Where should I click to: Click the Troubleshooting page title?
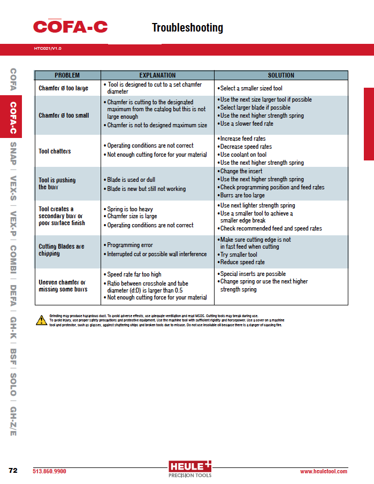coord(187,28)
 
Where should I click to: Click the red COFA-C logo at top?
coord(71,26)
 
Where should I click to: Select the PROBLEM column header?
coord(67,75)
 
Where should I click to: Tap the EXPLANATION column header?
coord(157,75)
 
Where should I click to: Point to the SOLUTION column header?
coord(281,75)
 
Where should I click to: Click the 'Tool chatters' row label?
coord(55,151)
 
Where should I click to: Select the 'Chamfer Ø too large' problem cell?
coord(63,88)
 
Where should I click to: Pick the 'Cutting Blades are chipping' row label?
coord(61,250)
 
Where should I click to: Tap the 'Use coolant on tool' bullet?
coord(243,155)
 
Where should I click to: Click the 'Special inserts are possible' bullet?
coord(253,274)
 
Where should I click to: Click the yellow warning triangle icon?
coord(41,320)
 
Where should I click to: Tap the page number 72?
coord(13,471)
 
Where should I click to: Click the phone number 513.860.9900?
coord(50,471)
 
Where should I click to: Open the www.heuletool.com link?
coord(323,471)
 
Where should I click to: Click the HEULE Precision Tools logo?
coord(190,468)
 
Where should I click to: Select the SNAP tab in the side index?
coord(13,155)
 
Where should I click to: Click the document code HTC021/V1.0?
coord(48,49)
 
